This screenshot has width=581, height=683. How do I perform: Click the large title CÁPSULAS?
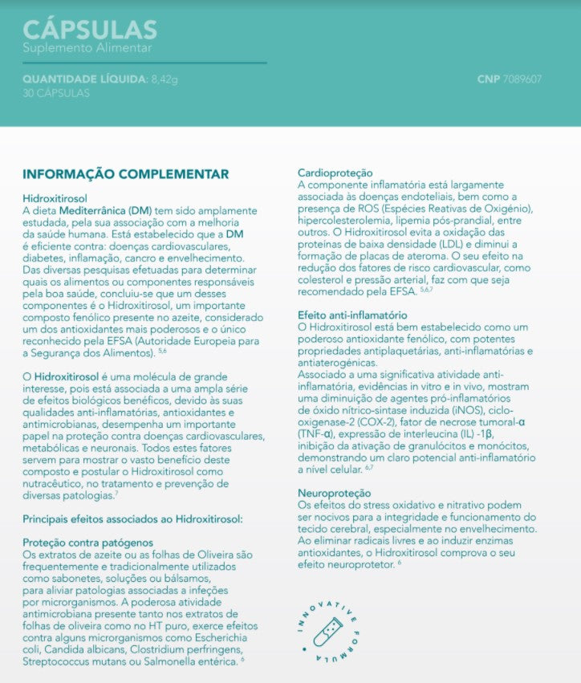point(90,30)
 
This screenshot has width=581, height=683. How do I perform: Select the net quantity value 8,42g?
point(165,79)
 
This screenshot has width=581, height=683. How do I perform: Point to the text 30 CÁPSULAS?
point(56,93)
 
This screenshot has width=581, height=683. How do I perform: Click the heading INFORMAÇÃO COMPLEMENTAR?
point(125,174)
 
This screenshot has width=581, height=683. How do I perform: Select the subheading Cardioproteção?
point(335,173)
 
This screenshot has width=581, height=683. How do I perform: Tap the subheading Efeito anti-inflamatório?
point(352,315)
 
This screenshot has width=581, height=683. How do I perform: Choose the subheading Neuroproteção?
point(334,492)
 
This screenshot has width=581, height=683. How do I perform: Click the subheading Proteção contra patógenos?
point(87,543)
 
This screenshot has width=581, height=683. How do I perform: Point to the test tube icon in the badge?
point(328,632)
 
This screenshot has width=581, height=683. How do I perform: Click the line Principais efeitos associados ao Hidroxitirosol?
point(132,519)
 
